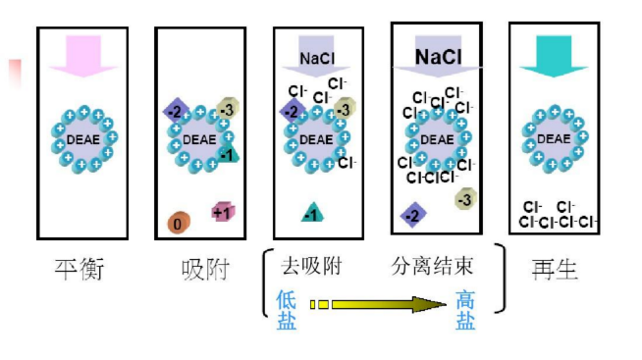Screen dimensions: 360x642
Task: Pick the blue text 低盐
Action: [287, 310]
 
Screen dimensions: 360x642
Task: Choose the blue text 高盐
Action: [465, 310]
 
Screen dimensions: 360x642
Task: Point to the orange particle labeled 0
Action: [178, 223]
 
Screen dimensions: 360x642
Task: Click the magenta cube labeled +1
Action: [222, 211]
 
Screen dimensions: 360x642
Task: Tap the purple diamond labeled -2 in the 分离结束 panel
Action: [413, 214]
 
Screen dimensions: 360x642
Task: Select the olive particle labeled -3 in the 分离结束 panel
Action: [465, 200]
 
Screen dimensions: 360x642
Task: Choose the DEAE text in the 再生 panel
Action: [554, 138]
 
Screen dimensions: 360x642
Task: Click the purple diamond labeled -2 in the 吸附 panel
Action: [176, 111]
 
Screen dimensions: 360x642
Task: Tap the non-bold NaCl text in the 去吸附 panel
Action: [317, 58]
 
